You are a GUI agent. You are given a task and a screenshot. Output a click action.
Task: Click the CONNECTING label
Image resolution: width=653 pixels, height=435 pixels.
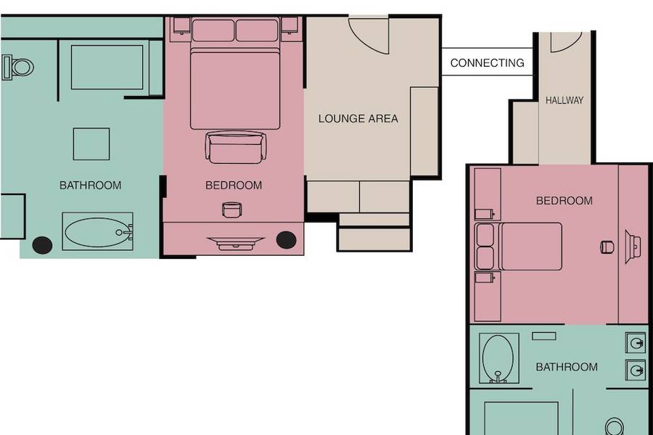487,63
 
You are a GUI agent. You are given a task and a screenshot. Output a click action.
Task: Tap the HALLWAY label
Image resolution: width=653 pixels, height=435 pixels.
564,100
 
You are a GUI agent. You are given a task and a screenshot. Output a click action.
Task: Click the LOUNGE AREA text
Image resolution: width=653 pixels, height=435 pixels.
358,119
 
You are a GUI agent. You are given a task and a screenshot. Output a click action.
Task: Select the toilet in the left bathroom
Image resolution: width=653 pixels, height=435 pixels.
18,67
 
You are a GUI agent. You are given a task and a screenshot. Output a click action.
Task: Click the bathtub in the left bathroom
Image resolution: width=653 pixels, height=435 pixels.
97,231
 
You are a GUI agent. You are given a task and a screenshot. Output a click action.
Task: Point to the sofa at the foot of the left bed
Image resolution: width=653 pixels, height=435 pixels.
236,147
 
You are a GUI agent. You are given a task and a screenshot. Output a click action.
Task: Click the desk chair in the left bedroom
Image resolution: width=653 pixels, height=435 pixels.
231,210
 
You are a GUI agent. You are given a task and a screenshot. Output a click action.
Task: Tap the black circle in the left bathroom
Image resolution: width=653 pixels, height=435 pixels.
42,245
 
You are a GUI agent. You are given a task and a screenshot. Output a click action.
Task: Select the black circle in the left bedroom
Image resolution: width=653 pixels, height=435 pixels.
286,240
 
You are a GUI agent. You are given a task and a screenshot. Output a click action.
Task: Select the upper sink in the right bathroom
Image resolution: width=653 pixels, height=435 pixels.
636,343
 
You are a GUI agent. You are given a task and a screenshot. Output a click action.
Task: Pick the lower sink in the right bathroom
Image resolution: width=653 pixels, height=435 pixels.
636,370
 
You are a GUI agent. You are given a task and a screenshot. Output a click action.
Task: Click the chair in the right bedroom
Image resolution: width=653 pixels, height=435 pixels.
607,246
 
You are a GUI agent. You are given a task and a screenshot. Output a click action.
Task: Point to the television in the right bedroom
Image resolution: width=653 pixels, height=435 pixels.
633,246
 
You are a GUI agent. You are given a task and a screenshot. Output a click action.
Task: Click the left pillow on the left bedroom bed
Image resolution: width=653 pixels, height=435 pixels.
213,30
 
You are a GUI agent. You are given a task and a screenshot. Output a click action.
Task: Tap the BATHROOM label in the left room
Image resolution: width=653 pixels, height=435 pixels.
91,186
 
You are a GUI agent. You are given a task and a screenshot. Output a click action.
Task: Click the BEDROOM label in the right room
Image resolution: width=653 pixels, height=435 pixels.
564,201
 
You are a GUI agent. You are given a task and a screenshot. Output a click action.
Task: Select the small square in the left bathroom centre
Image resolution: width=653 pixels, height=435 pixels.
91,144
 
